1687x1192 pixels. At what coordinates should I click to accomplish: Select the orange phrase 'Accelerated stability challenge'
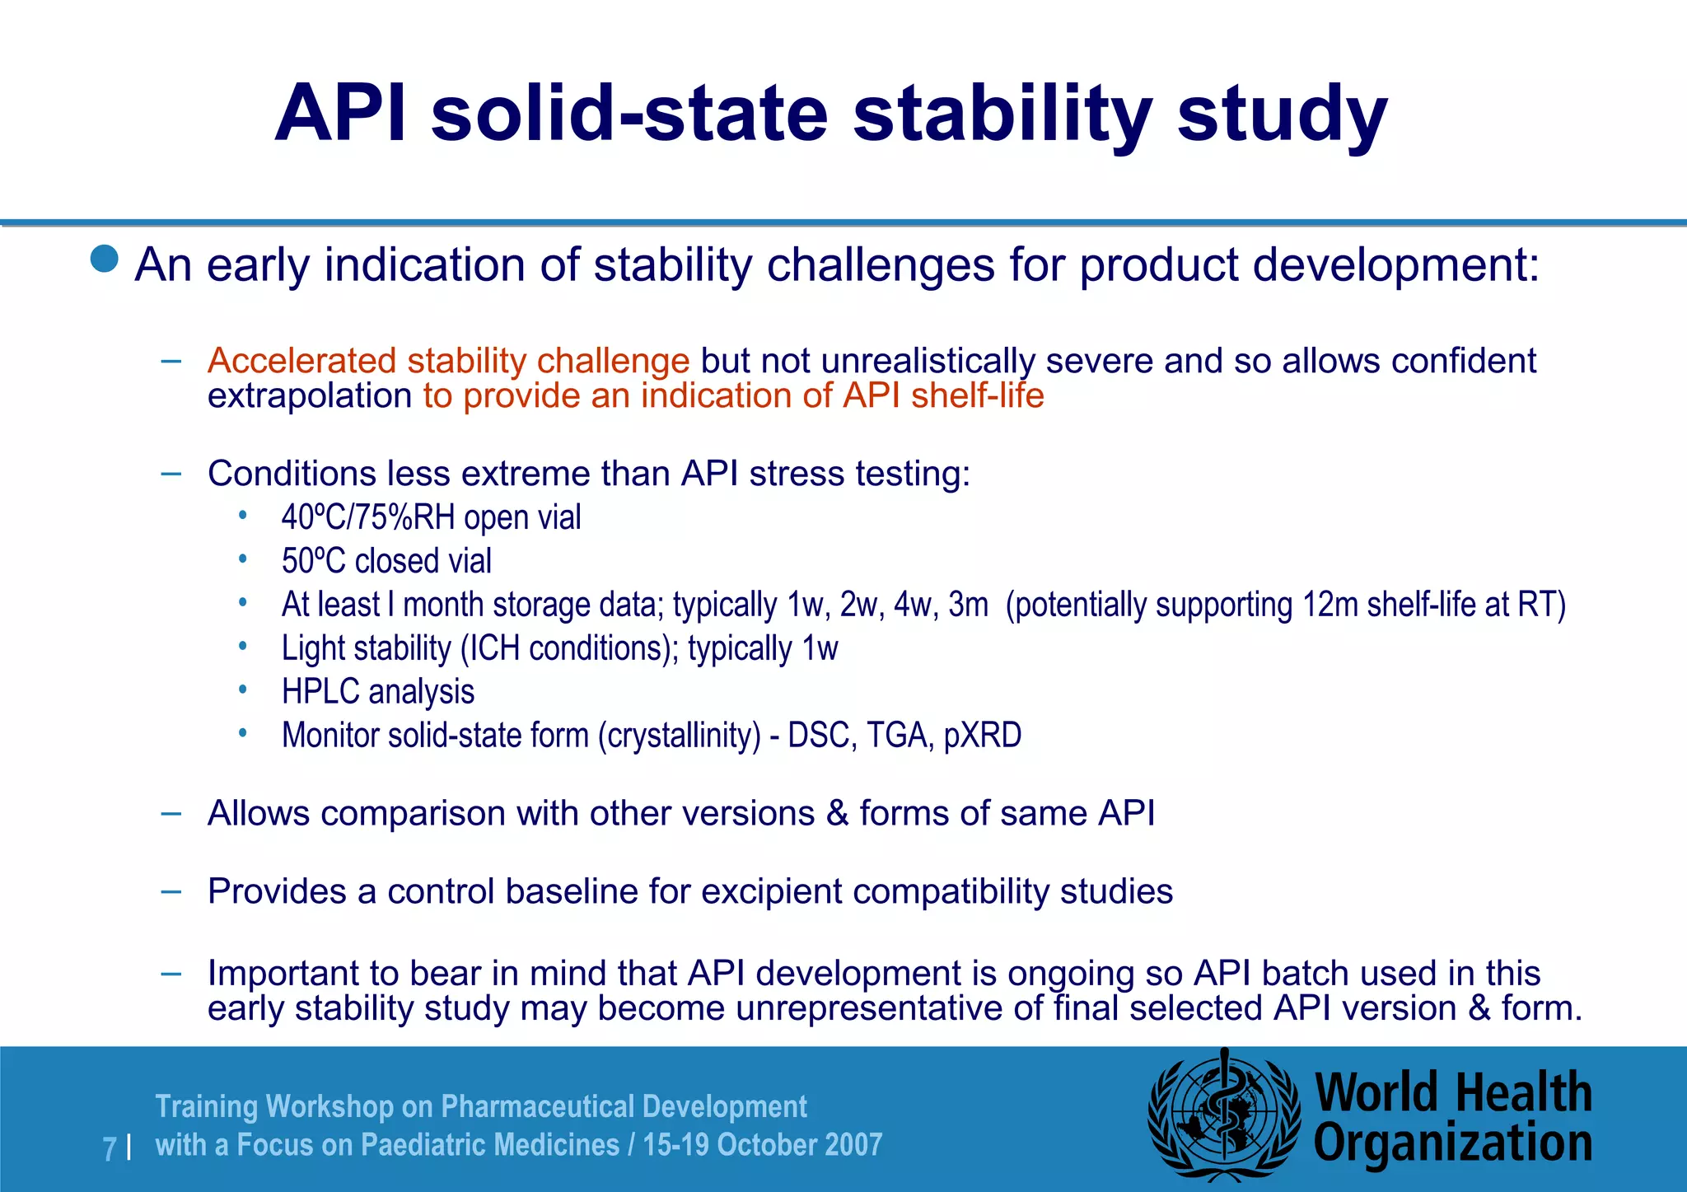click(x=448, y=361)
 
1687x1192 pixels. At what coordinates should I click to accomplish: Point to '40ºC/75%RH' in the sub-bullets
click(x=368, y=517)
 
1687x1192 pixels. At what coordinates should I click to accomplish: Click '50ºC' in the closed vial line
click(x=313, y=561)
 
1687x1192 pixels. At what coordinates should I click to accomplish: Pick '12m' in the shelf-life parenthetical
click(x=1330, y=605)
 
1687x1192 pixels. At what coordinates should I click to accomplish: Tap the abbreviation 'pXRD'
click(x=982, y=735)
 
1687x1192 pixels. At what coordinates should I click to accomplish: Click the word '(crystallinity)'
click(x=679, y=736)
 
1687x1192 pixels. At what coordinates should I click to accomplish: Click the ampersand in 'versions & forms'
click(x=837, y=814)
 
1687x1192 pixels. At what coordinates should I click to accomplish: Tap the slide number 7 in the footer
click(x=110, y=1148)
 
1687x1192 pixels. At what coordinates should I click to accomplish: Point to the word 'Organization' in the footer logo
click(x=1452, y=1143)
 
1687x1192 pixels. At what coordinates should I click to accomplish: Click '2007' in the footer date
click(x=853, y=1145)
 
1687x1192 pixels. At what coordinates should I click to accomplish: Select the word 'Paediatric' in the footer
click(x=429, y=1145)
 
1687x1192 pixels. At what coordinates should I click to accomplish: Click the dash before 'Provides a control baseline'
click(x=171, y=891)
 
